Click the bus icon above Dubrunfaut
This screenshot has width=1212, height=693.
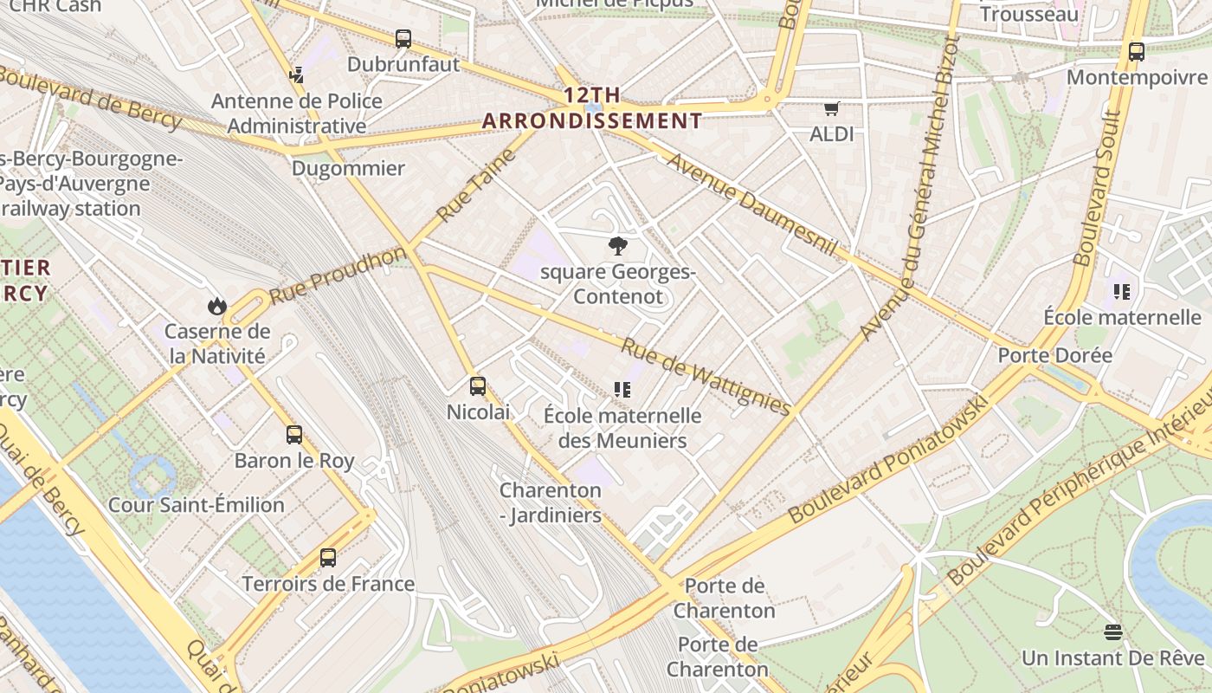coord(403,39)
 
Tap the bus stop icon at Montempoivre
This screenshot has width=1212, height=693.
coord(1137,52)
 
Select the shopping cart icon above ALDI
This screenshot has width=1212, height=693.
coord(832,108)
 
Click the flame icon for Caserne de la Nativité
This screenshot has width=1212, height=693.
coord(217,306)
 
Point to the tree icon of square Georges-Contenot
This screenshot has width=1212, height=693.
coord(617,247)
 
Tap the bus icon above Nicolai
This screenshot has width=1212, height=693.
coord(478,386)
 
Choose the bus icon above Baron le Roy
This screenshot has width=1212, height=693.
coord(294,435)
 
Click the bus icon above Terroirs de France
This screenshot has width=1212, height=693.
coord(328,558)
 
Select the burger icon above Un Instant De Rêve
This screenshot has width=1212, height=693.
coord(1113,632)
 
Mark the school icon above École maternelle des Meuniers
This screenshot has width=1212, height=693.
coord(622,390)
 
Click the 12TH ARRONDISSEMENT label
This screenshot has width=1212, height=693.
coord(592,108)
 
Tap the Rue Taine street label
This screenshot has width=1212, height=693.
coord(476,185)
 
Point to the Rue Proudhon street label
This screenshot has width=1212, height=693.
coord(337,275)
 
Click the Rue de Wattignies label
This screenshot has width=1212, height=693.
coord(706,376)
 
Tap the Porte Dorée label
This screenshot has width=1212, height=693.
coord(1054,355)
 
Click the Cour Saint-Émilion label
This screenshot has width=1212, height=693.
coord(196,505)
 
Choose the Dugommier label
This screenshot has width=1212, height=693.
coord(348,168)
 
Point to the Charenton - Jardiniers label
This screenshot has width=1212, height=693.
coord(551,502)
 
